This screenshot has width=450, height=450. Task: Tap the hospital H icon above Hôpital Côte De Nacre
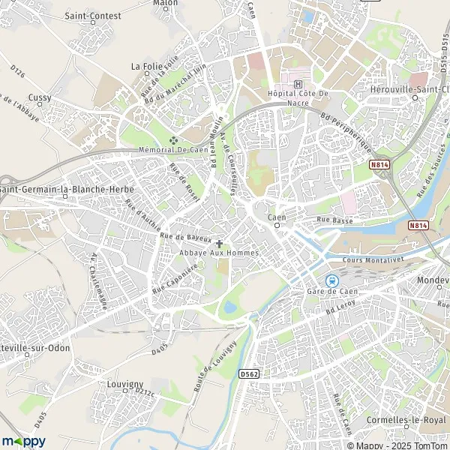pyautogui.click(x=298, y=83)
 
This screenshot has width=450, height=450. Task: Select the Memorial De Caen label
pyautogui.click(x=173, y=150)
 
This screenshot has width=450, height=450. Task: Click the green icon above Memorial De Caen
pyautogui.click(x=174, y=139)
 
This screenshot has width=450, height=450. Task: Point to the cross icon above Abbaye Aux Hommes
pyautogui.click(x=219, y=243)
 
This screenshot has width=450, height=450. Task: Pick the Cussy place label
pyautogui.click(x=39, y=97)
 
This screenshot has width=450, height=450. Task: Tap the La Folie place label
pyautogui.click(x=146, y=66)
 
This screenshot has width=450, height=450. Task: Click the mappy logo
pyautogui.click(x=24, y=440)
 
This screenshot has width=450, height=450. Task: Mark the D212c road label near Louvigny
pyautogui.click(x=143, y=391)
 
